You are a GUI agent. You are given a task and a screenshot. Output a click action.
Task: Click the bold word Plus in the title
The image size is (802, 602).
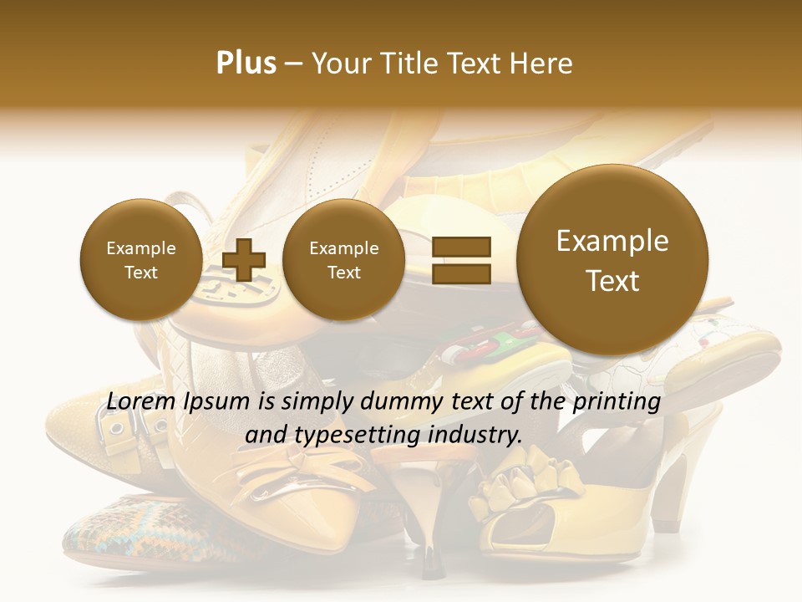point(246,64)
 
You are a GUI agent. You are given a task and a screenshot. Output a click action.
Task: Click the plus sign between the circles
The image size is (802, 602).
point(243,259)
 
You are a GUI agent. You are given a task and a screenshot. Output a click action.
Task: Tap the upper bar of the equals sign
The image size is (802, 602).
point(461,247)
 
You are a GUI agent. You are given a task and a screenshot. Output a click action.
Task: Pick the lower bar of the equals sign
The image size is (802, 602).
point(461,273)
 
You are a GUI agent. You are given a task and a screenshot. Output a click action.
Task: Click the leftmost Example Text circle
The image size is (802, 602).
point(140,260)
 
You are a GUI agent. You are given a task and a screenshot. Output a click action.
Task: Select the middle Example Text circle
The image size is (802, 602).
point(343,260)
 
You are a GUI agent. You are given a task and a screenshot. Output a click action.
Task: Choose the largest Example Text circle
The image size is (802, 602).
point(612,260)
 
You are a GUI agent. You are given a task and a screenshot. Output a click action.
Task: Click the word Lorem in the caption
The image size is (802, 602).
point(141,402)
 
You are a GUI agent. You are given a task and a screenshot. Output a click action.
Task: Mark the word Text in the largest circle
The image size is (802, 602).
point(612,281)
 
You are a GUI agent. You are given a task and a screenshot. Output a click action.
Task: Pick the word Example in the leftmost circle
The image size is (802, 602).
point(140,248)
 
